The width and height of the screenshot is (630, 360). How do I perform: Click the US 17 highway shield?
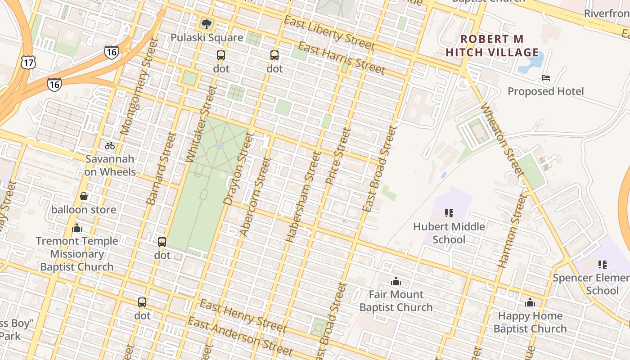(x=28, y=62)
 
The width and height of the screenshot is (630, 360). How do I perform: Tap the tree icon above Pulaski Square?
(x=207, y=24)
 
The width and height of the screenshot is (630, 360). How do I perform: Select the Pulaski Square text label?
(x=207, y=37)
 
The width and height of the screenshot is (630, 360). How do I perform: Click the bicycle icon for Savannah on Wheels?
(x=109, y=145)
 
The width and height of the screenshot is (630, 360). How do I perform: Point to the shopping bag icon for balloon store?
(x=84, y=196)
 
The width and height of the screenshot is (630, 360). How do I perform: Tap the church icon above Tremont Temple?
(x=77, y=228)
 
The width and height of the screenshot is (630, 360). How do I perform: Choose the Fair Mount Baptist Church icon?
(x=396, y=281)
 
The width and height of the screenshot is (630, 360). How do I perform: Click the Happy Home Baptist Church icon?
(x=530, y=302)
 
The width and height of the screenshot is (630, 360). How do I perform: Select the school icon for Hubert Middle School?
(x=449, y=213)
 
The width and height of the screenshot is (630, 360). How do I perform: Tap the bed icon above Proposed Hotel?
(x=546, y=78)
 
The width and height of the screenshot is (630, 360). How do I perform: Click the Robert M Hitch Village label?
(x=492, y=45)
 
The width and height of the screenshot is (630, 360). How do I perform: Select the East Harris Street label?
(x=342, y=58)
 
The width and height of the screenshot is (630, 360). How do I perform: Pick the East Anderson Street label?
(x=240, y=335)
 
